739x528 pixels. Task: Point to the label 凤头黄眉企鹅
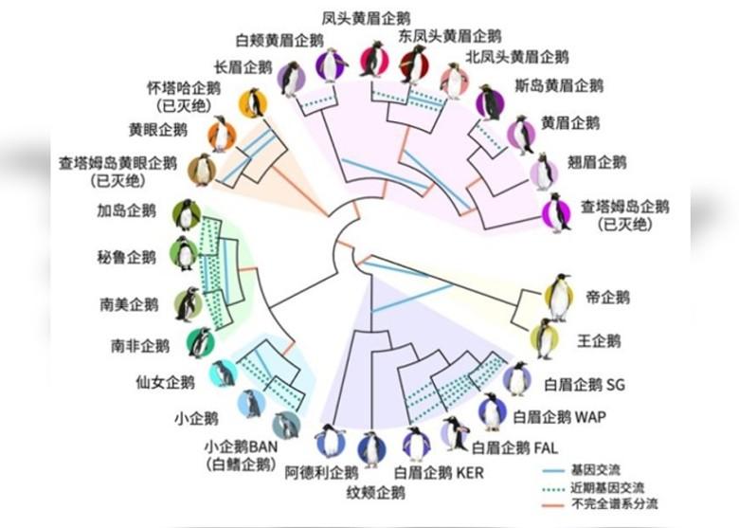(353, 17)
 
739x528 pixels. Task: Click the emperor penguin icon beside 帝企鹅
(561, 298)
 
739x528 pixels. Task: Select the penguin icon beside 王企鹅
(546, 339)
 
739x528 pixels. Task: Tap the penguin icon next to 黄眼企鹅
(221, 135)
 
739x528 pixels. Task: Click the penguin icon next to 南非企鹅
(200, 342)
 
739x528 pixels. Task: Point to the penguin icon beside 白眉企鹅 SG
(517, 379)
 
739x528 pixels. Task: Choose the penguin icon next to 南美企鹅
(189, 304)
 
